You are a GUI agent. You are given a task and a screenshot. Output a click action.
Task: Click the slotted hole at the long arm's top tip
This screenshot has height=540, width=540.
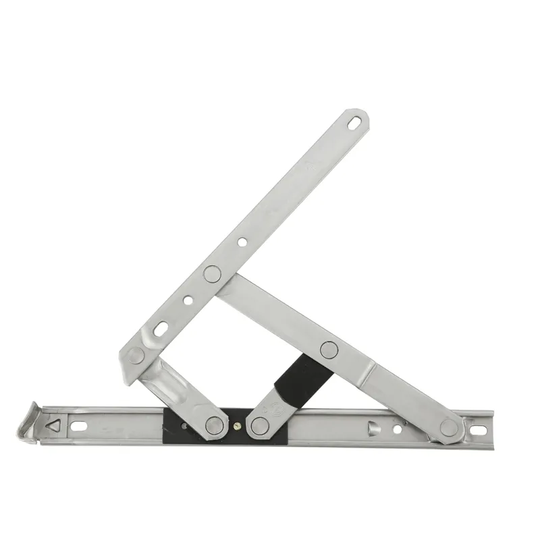(354, 124)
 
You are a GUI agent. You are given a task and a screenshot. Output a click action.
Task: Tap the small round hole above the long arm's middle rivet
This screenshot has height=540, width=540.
(241, 241)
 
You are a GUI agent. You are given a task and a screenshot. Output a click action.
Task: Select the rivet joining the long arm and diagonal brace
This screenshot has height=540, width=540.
(211, 273)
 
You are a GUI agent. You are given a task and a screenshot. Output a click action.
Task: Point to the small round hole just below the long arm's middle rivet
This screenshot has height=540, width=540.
(188, 300)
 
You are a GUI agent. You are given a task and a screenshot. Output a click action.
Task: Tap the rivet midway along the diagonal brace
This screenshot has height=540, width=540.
(329, 349)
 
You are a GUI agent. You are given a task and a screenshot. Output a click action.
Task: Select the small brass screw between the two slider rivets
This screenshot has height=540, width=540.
(236, 426)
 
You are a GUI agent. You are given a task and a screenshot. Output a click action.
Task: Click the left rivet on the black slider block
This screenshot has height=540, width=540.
(215, 425)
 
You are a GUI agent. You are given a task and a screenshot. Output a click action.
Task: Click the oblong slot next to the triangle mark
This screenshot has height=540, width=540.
(79, 426)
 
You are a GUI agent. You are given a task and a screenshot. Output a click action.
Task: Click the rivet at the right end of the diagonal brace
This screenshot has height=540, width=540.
(448, 427)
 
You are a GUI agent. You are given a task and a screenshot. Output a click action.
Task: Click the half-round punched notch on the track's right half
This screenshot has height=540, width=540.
(371, 427)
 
